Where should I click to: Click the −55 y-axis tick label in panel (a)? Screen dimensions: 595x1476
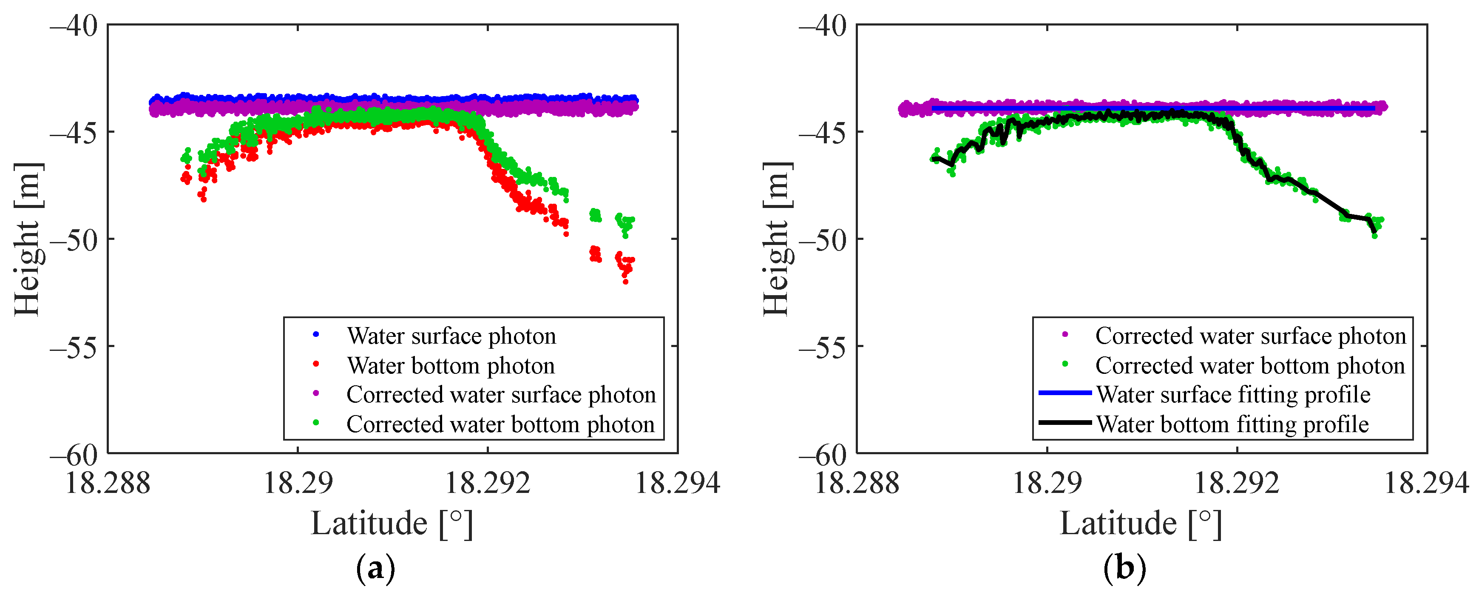(x=74, y=347)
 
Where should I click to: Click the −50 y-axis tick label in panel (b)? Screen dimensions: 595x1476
(x=822, y=239)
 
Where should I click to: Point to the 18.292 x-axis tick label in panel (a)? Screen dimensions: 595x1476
(x=488, y=483)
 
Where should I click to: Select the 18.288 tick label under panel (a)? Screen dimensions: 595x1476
(x=108, y=483)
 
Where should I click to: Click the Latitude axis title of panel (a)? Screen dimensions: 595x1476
(x=392, y=524)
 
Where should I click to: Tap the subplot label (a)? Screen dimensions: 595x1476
(x=375, y=569)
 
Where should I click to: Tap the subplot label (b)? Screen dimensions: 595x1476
(x=1124, y=569)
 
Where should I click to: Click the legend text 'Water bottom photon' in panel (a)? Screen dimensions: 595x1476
(x=451, y=366)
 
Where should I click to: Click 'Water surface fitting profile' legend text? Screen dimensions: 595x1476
(x=1233, y=395)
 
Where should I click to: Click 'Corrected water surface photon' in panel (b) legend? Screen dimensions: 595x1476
(x=1250, y=336)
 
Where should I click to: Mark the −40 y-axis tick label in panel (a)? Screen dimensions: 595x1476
(x=74, y=26)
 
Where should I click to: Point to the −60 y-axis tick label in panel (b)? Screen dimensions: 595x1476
(x=822, y=455)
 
